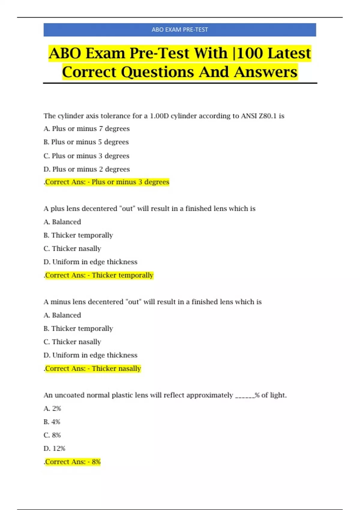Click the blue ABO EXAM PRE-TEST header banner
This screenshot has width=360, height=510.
click(180, 30)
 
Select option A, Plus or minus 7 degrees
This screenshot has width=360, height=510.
click(86, 129)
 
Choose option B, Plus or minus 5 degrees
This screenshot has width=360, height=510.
click(86, 142)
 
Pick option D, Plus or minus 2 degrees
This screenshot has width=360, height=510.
click(86, 169)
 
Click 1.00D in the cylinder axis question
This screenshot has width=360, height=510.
click(159, 116)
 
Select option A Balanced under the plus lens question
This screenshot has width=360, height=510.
click(62, 222)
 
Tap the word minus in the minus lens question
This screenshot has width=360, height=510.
click(60, 302)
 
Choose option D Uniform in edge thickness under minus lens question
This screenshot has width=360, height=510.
click(90, 355)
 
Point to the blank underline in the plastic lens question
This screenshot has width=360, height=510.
click(244, 396)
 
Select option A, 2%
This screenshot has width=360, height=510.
click(52, 409)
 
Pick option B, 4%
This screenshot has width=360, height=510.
click(52, 422)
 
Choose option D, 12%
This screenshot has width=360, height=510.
click(54, 448)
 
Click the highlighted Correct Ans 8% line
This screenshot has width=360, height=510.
click(72, 462)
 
